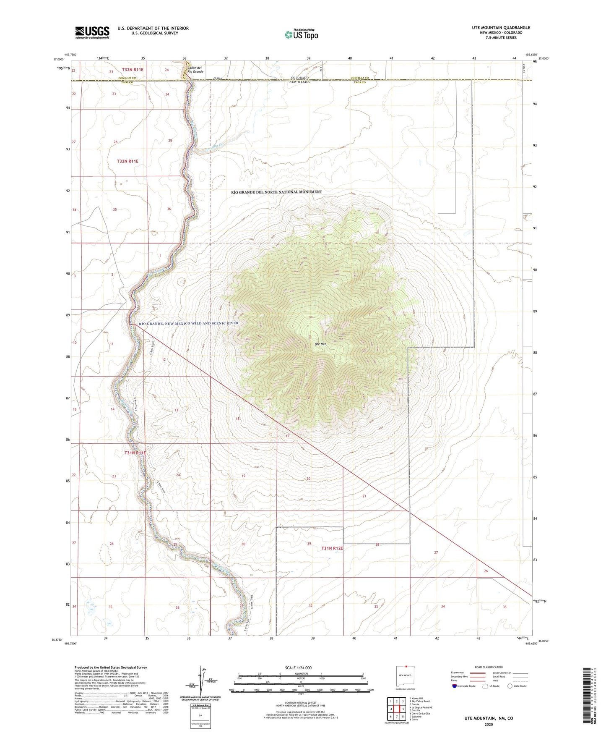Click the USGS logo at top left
pyautogui.click(x=92, y=32)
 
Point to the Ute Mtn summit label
pyautogui.click(x=320, y=344)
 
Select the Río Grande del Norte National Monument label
pyautogui.click(x=277, y=192)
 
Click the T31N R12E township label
pyautogui.click(x=332, y=548)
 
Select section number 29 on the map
pyautogui.click(x=309, y=544)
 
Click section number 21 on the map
pyautogui.click(x=364, y=496)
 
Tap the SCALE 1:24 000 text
pyautogui.click(x=298, y=668)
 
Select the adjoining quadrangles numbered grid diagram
pyautogui.click(x=396, y=709)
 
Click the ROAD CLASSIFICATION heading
pyautogui.click(x=489, y=667)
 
